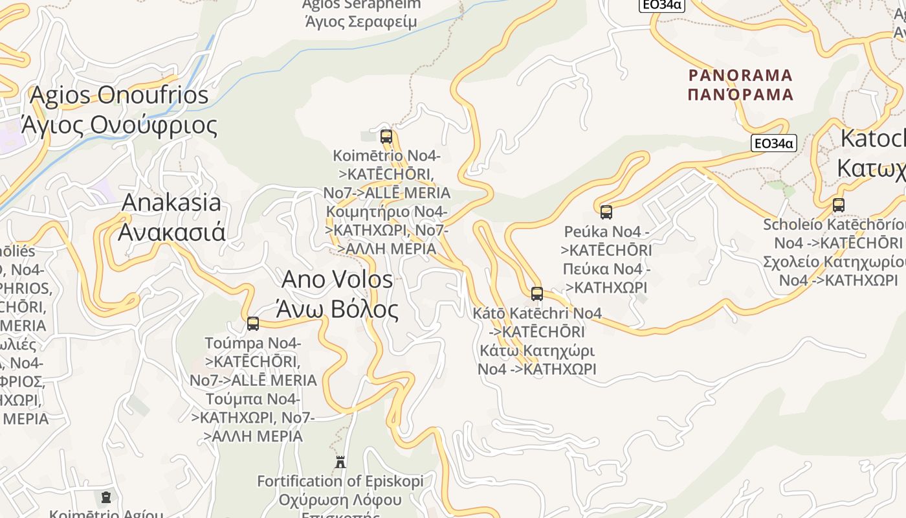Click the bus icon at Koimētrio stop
pos(386,137)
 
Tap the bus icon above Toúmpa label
pos(253,323)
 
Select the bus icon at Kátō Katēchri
pos(536,293)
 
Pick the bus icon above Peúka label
pos(606,212)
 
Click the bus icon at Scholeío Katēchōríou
pos(839,205)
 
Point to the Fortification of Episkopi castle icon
pos(340,462)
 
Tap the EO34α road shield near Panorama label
pos(773,143)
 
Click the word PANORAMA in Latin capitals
pos(740,75)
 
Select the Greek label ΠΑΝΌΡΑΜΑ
pos(740,95)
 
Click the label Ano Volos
pos(337,279)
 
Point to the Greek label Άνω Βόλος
pos(337,309)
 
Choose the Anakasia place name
pos(171,202)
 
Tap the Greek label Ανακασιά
pos(171,231)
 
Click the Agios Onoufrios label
pos(119,95)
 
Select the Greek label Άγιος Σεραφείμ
pos(360,21)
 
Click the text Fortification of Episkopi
pos(340,481)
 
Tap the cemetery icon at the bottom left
pos(106,497)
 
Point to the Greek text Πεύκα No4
pos(606,268)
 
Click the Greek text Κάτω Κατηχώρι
pos(536,350)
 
